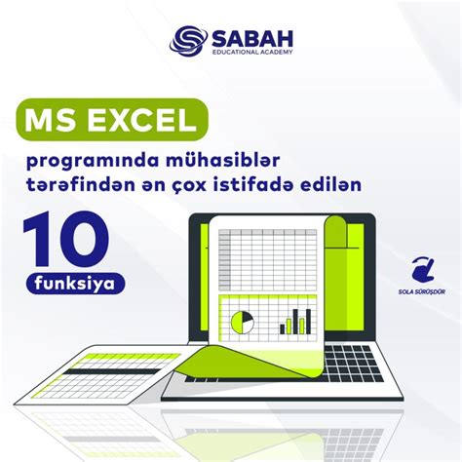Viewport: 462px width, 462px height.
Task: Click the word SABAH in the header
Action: [x=249, y=36]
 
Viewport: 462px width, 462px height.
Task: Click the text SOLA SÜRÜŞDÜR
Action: [x=422, y=289]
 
